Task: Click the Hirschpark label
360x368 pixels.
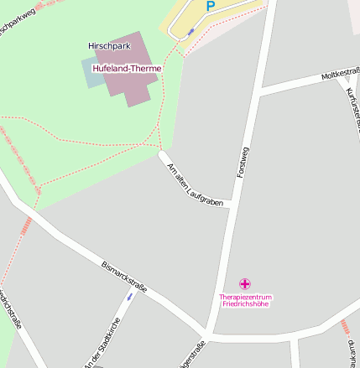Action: (x=107, y=46)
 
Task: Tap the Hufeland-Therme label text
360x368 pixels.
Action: (x=127, y=69)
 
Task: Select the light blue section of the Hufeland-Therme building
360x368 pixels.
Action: (x=92, y=74)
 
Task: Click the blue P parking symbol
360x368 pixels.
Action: (x=210, y=6)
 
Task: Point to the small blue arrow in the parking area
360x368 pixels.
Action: (x=191, y=31)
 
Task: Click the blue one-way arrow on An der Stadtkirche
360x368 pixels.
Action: (x=129, y=296)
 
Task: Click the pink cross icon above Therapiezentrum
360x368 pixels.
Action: (x=245, y=284)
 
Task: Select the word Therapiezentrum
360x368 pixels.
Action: (x=245, y=297)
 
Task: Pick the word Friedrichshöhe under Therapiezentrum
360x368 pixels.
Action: (x=245, y=304)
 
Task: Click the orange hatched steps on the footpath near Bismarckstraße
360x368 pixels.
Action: (x=26, y=225)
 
